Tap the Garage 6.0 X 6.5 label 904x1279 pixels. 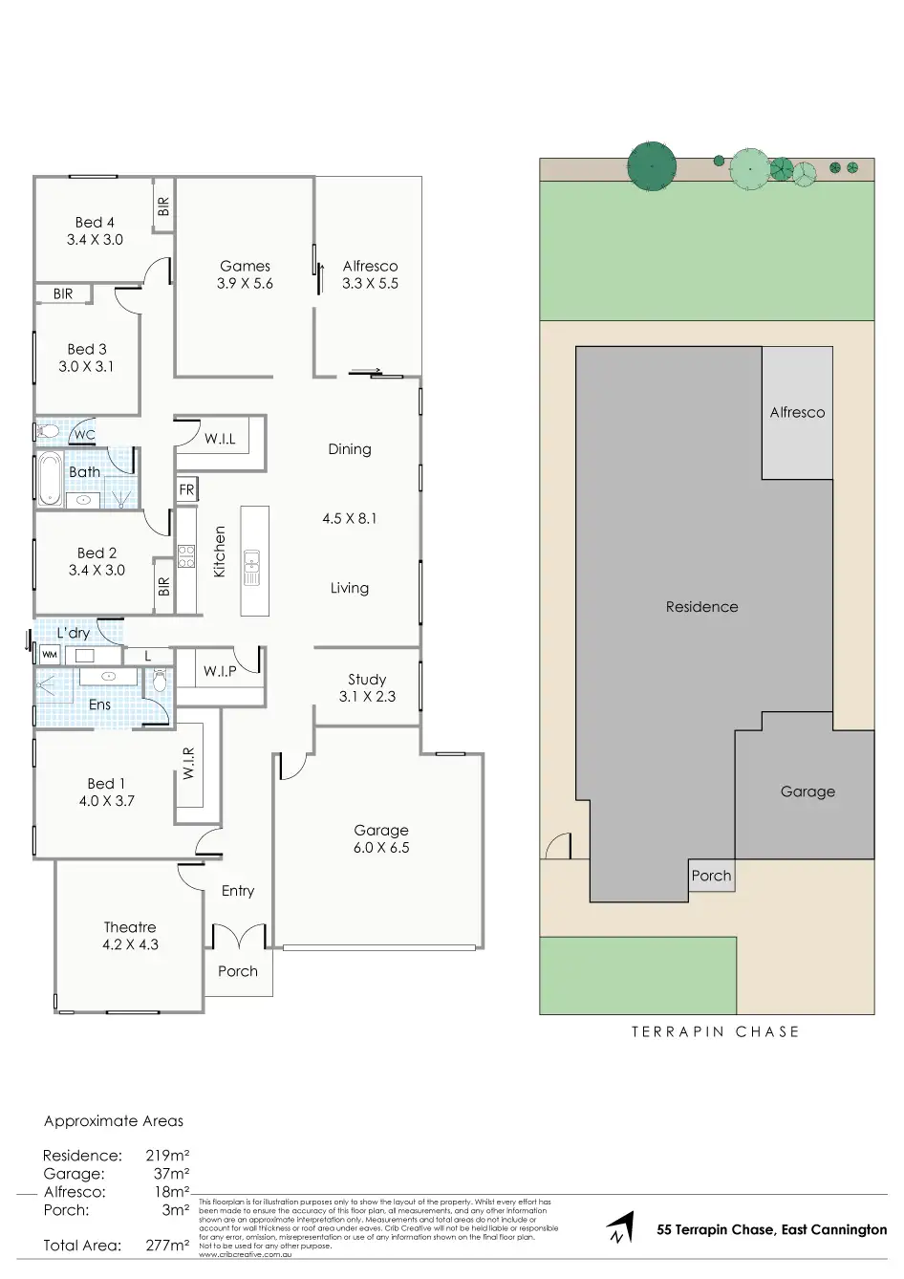tap(381, 839)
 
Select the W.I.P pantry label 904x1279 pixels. tap(220, 672)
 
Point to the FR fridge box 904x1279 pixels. tap(186, 489)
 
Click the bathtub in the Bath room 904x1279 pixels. tap(49, 478)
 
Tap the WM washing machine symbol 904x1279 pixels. tap(48, 656)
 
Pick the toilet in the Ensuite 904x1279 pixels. tap(160, 681)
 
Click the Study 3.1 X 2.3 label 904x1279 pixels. tap(367, 688)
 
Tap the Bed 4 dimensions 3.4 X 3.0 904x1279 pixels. tap(95, 240)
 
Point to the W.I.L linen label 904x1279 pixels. tap(220, 439)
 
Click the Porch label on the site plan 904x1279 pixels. tap(711, 876)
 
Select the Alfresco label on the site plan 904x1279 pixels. tap(797, 413)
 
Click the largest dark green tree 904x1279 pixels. tap(652, 166)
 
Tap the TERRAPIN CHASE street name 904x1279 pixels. tap(715, 1032)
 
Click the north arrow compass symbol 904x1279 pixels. tap(622, 1228)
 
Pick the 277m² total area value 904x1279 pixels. tap(167, 1246)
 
